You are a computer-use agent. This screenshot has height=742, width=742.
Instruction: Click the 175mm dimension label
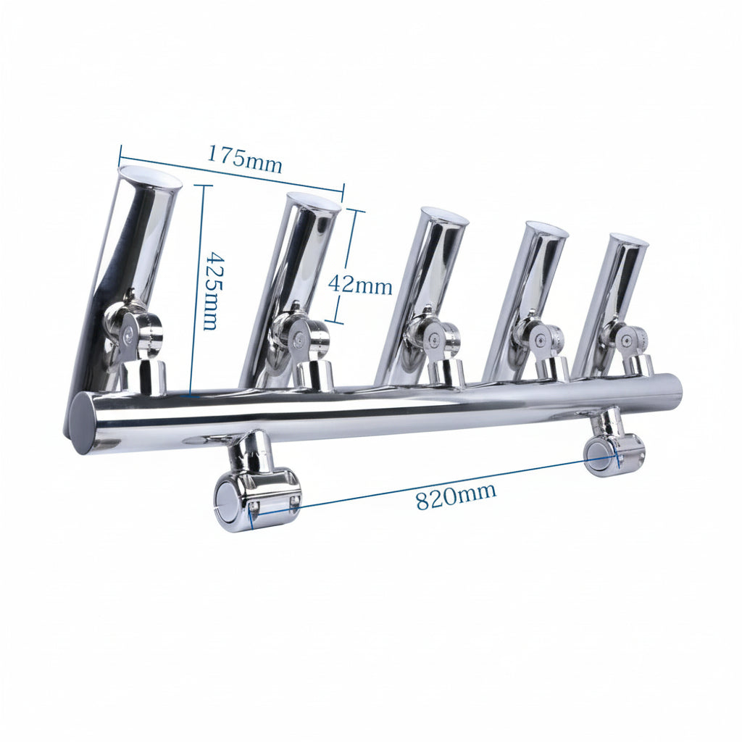pyautogui.click(x=244, y=159)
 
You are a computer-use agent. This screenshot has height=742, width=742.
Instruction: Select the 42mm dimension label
pyautogui.click(x=360, y=284)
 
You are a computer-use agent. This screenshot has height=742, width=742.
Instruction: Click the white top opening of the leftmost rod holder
pyautogui.click(x=150, y=176)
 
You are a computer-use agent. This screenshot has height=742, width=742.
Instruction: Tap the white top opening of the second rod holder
pyautogui.click(x=313, y=202)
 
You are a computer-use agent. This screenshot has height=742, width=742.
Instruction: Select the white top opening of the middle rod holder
pyautogui.click(x=444, y=216)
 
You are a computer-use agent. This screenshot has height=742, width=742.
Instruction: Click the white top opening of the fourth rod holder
pyautogui.click(x=546, y=230)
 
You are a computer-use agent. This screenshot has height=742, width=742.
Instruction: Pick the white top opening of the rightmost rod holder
pyautogui.click(x=628, y=240)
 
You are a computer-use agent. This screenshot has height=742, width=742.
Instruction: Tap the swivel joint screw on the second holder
pyautogui.click(x=298, y=337)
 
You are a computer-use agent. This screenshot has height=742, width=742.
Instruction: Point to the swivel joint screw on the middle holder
pyautogui.click(x=433, y=338)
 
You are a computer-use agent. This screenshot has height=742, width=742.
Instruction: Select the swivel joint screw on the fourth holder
pyautogui.click(x=538, y=338)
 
